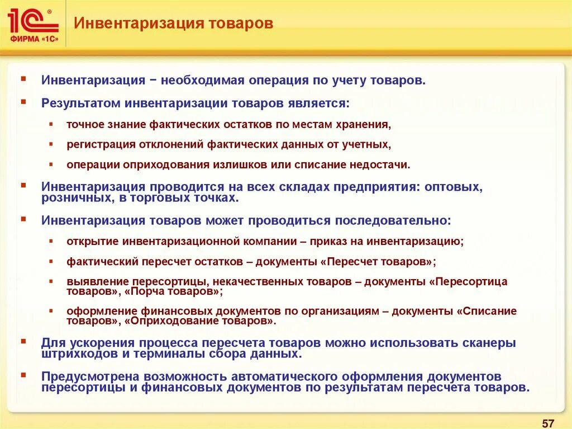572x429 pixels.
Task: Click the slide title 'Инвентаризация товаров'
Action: (174, 23)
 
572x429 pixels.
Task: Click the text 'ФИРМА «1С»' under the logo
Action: (33, 39)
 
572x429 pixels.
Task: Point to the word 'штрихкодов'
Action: (74, 353)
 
